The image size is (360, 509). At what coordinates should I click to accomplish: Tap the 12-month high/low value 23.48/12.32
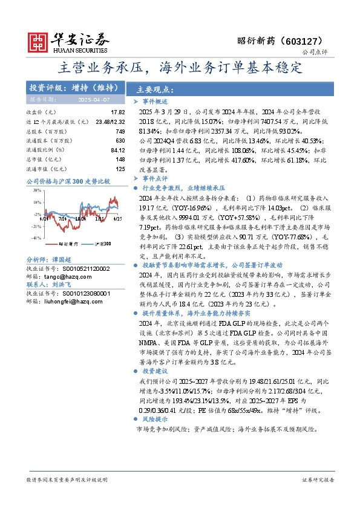click(x=110, y=122)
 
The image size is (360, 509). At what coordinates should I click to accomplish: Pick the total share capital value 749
click(x=120, y=131)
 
